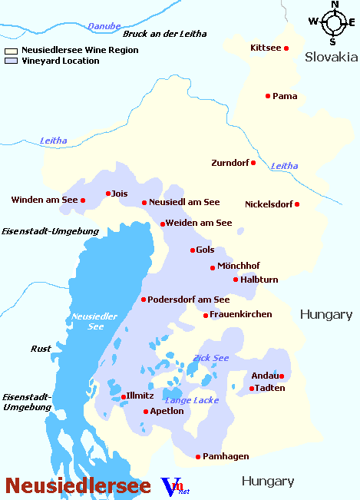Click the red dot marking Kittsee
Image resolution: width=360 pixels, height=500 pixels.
[286, 48]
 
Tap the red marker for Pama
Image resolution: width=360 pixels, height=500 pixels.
[268, 96]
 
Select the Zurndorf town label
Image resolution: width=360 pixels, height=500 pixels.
[230, 163]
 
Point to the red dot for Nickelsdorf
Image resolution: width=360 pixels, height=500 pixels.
[297, 204]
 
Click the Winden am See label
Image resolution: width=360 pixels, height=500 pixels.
[45, 200]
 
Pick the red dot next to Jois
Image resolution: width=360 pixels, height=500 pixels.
[108, 194]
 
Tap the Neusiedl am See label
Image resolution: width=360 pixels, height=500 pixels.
[184, 202]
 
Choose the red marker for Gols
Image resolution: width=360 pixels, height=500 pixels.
[193, 250]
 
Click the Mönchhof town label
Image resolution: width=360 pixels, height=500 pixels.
[239, 266]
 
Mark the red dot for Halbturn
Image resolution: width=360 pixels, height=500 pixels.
[236, 280]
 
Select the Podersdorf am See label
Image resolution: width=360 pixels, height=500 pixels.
[189, 300]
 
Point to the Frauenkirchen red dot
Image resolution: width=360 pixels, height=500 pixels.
[206, 315]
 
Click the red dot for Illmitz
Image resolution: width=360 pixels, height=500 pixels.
[124, 397]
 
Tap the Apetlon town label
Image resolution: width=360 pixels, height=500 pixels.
[167, 411]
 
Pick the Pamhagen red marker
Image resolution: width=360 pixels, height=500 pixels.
[198, 457]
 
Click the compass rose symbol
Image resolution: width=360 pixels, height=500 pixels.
[334, 22]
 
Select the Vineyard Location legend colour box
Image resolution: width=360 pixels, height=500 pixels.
[11, 61]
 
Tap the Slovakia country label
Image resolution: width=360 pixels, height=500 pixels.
[331, 57]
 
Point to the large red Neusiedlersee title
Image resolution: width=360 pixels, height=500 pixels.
[78, 485]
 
